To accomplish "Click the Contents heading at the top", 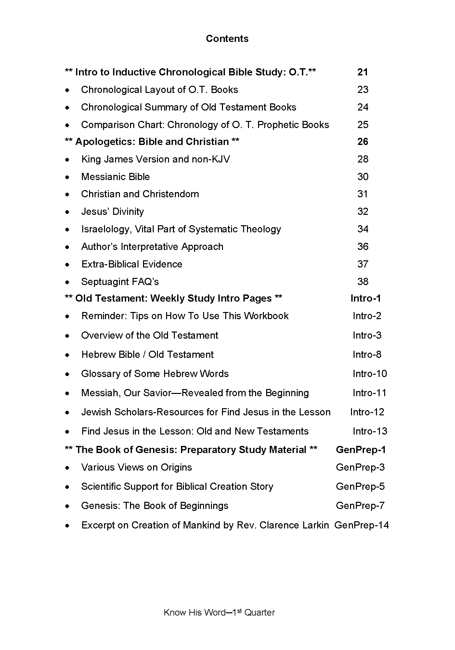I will click(x=227, y=39).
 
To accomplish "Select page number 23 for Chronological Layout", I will click(x=363, y=90).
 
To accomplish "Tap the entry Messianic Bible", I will click(x=115, y=177).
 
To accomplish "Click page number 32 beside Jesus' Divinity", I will click(x=363, y=212).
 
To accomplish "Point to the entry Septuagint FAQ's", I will click(x=120, y=282).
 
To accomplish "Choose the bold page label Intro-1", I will click(x=366, y=298).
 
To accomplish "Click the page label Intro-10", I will click(x=370, y=374).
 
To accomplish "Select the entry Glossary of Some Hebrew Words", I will click(x=155, y=374).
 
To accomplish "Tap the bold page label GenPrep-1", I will click(x=361, y=450).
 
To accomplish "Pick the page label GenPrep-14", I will click(x=361, y=526).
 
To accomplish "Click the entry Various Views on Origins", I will click(x=136, y=467).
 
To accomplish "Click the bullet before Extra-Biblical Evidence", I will click(x=67, y=265).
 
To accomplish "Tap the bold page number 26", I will click(x=363, y=142).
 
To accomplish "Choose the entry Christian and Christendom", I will click(x=140, y=194).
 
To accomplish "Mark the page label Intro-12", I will click(x=367, y=412).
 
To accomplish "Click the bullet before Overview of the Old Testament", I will click(x=67, y=336).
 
